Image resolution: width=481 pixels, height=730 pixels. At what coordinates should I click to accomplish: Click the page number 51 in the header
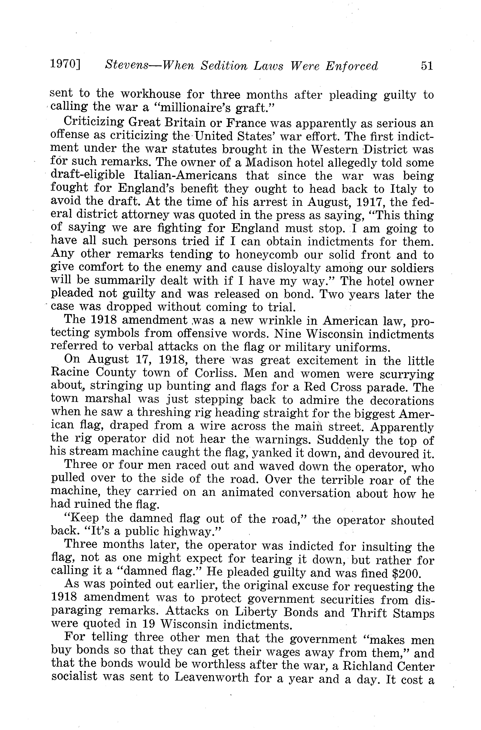(x=427, y=66)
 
